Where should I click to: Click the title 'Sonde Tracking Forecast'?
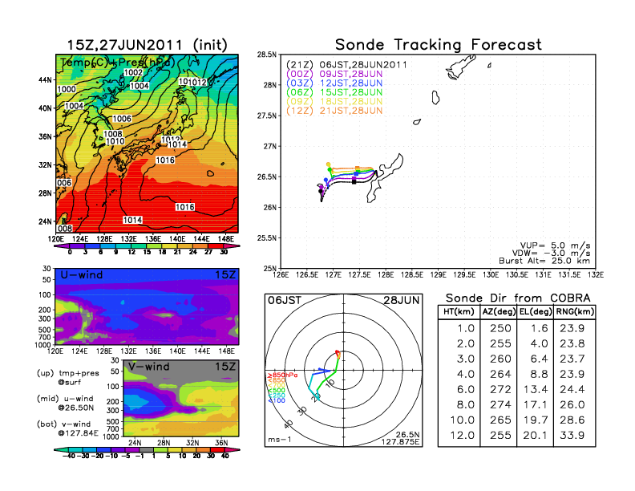(x=438, y=45)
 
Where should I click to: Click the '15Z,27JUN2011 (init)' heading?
(x=147, y=45)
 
